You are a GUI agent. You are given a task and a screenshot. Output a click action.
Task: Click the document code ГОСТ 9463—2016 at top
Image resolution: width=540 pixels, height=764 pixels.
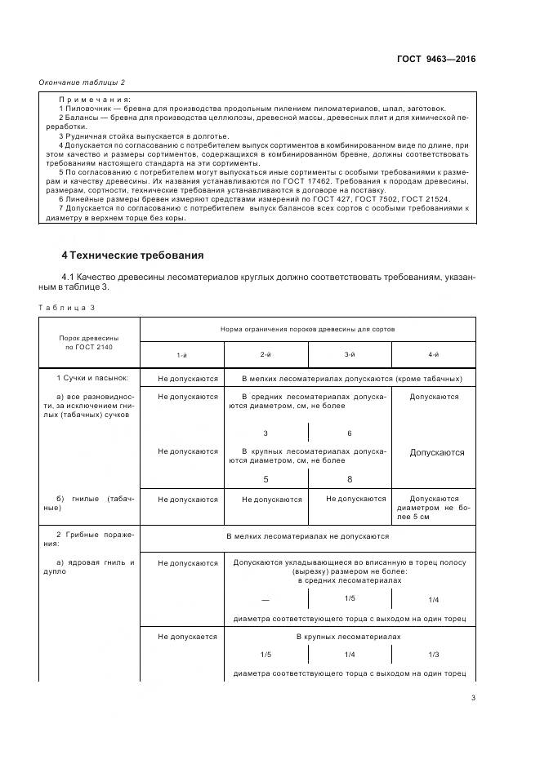coord(437,60)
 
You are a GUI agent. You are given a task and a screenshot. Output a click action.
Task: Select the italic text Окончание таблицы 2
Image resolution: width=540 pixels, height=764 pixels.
coord(82,82)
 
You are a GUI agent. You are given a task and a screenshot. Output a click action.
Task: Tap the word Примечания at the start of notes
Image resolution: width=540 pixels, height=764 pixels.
coord(96,99)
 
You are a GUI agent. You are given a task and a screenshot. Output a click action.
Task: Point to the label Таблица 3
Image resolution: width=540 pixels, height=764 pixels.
coord(66,307)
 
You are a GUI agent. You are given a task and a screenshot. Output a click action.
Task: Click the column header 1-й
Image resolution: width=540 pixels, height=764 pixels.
coord(181,355)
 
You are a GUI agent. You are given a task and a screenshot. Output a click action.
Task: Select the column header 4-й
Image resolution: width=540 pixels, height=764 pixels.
coord(434,355)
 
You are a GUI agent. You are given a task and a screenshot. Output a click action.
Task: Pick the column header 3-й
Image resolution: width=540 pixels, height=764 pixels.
coord(349,355)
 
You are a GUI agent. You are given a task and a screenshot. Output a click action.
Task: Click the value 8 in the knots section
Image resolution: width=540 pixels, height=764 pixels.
coord(349,480)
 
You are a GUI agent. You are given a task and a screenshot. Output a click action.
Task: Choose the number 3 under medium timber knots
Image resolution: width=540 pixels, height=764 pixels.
coord(266,433)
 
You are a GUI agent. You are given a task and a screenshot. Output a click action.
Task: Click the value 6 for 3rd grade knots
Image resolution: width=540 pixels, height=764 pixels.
coord(349,433)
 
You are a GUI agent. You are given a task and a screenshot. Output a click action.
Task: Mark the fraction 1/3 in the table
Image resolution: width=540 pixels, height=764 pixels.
coord(434,655)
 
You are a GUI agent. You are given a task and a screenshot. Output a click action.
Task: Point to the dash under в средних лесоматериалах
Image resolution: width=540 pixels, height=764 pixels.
coord(266,600)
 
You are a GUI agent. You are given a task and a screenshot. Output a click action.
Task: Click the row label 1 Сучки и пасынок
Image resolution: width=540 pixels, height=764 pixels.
coord(91,379)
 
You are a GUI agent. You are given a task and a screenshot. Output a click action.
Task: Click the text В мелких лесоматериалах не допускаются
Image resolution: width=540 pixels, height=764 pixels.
coord(307,537)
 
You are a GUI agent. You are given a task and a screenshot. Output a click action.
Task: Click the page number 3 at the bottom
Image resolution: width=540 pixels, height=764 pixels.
coord(473,698)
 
